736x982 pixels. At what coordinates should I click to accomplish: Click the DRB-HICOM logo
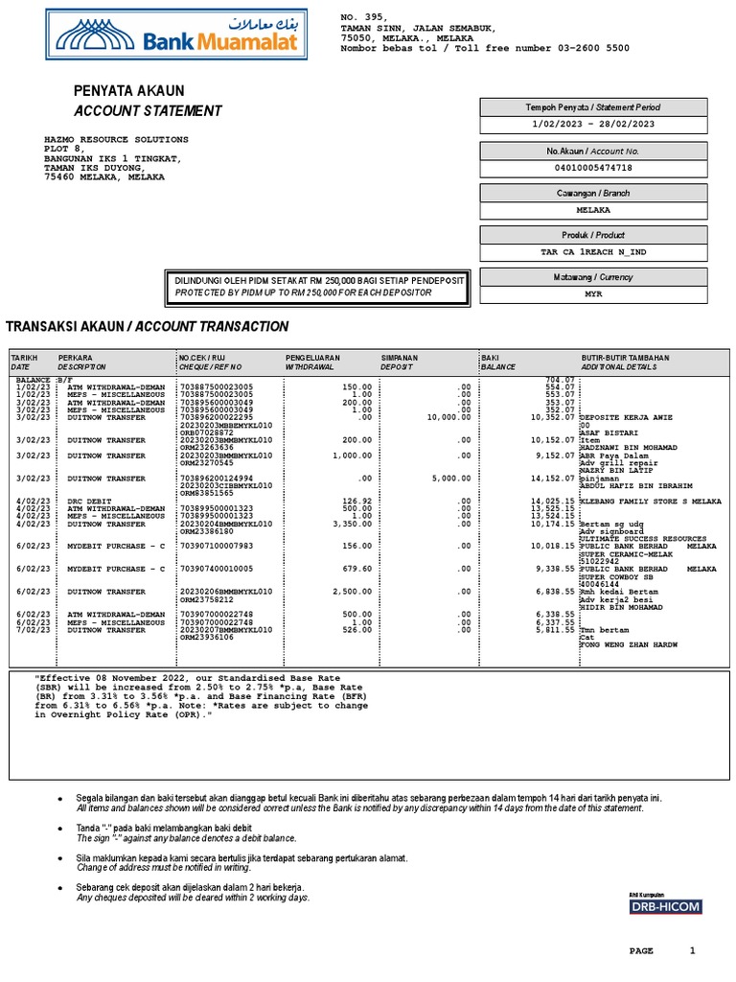click(x=665, y=906)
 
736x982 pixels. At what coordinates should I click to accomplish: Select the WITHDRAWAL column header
click(x=311, y=367)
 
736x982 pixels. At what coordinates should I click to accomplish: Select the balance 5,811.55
click(x=554, y=629)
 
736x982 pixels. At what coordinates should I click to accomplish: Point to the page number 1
click(x=693, y=950)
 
